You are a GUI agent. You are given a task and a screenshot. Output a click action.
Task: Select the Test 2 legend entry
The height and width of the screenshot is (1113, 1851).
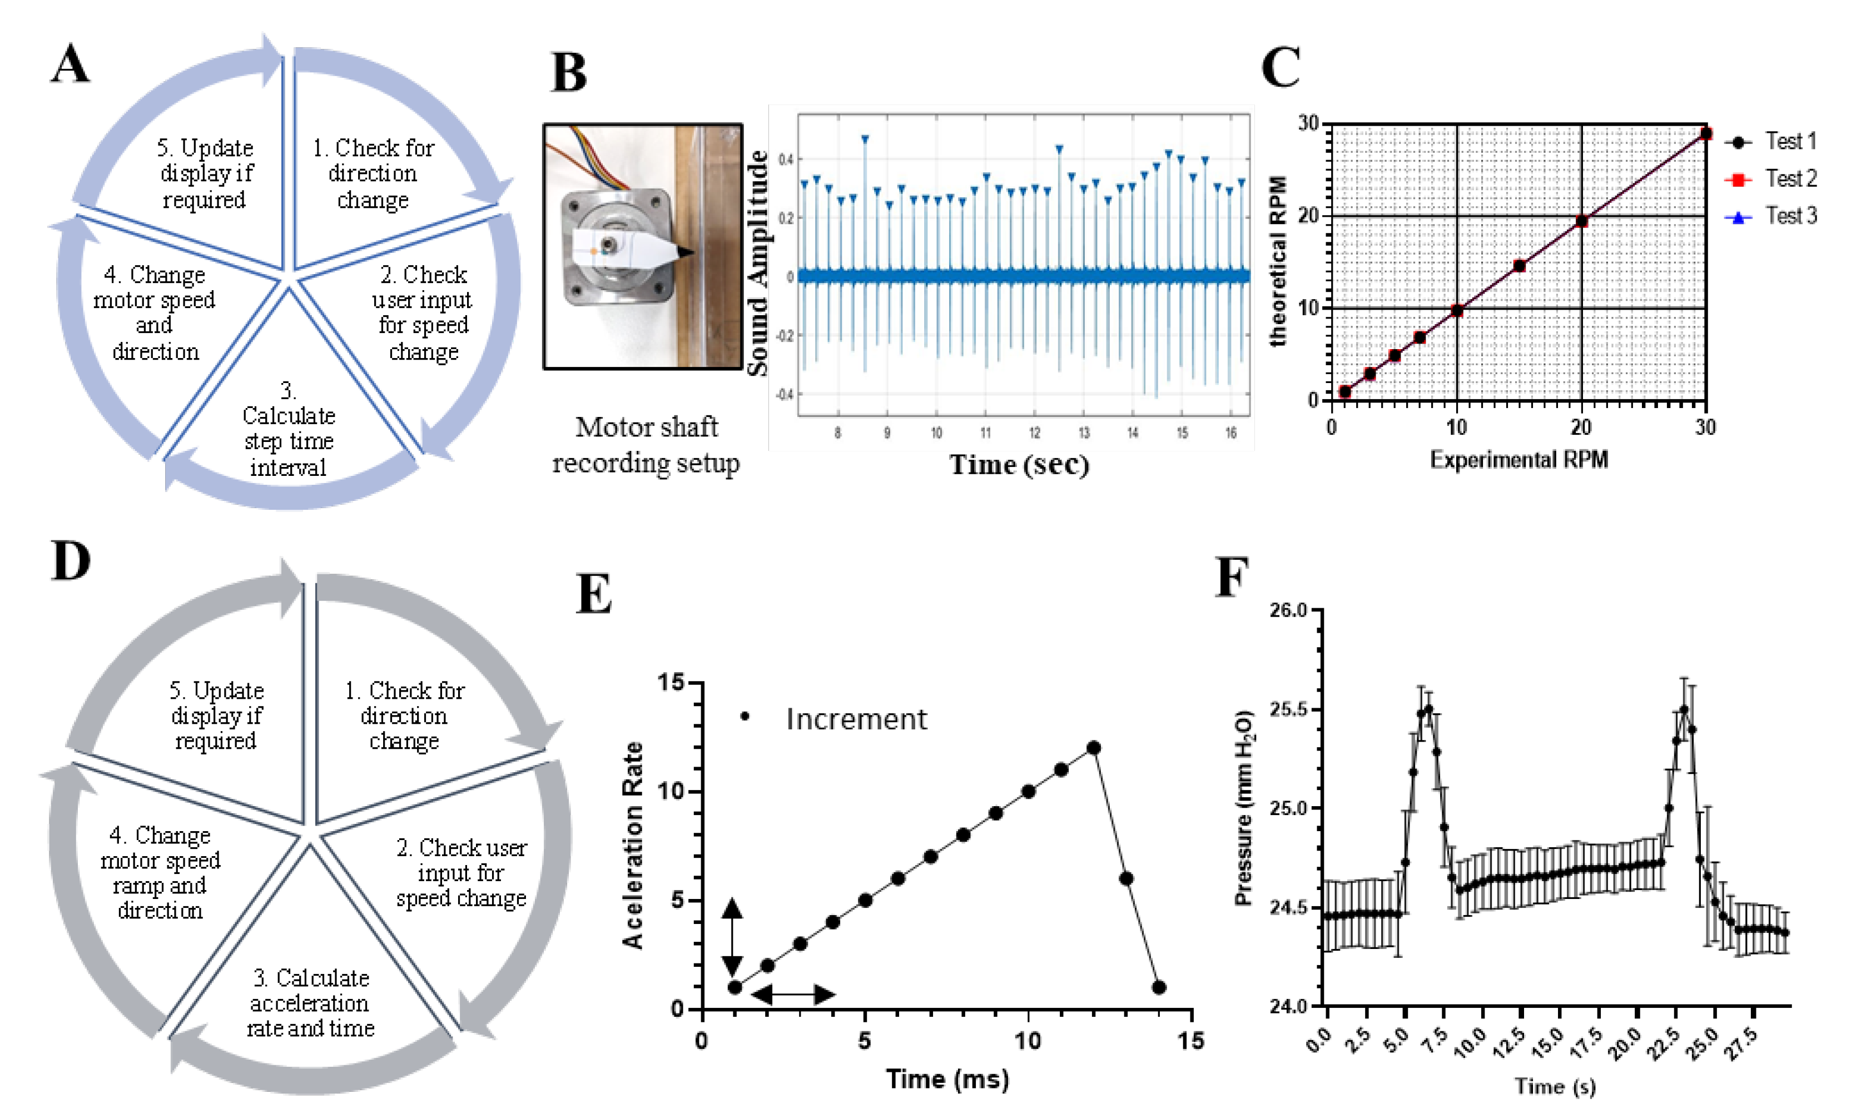click(x=1789, y=179)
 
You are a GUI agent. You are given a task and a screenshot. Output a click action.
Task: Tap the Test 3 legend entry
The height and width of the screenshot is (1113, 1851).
click(x=1789, y=217)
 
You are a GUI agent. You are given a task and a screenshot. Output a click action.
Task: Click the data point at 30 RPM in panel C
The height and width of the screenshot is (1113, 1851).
click(x=1705, y=133)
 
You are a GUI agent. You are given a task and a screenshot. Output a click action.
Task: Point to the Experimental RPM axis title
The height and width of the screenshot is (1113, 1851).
click(x=1518, y=459)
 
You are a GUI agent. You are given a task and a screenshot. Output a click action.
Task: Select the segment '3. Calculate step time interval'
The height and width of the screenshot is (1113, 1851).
click(x=289, y=429)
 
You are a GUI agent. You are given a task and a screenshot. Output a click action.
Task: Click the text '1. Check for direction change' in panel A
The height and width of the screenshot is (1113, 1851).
click(x=373, y=174)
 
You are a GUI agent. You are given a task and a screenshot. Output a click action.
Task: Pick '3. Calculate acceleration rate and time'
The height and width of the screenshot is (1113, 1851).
click(x=310, y=1003)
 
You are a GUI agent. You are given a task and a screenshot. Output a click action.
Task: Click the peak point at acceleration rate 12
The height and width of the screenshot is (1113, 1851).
click(x=1094, y=748)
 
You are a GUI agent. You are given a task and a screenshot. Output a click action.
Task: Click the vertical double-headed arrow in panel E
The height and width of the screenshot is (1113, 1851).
click(x=732, y=937)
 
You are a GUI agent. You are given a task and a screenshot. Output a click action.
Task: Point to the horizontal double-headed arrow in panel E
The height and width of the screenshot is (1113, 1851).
click(x=793, y=995)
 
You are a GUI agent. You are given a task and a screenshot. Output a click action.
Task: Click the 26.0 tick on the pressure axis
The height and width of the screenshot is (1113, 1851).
click(x=1288, y=610)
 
